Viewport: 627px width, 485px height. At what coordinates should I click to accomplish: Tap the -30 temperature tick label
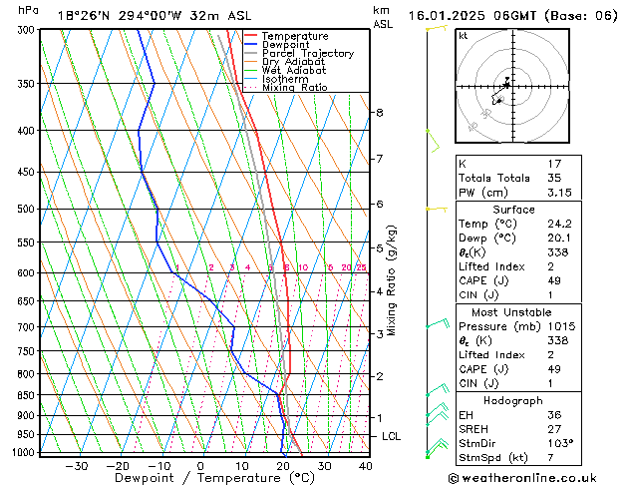tap(77, 465)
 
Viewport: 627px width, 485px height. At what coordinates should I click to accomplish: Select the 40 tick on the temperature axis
tap(365, 465)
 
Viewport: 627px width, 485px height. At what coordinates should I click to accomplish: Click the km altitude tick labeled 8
tap(379, 113)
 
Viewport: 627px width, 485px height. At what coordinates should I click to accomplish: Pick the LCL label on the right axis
tap(392, 436)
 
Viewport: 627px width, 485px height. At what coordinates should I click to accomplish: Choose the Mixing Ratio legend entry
tap(294, 88)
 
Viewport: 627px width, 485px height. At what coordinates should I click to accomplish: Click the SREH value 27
tap(555, 428)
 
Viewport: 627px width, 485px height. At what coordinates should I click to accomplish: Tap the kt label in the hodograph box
tap(464, 36)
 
